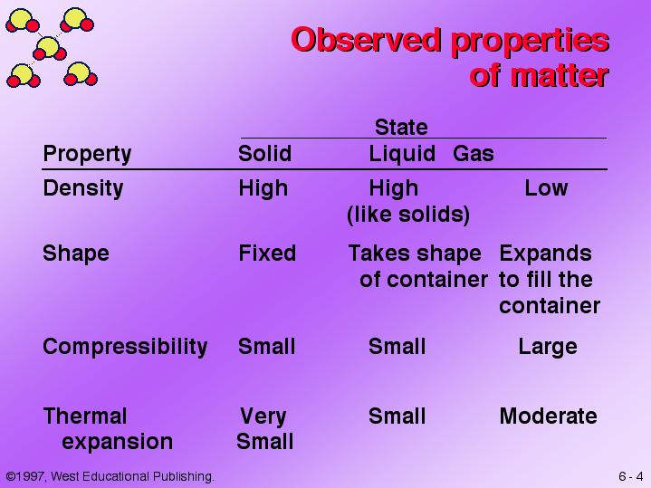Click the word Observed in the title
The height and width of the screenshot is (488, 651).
tap(366, 40)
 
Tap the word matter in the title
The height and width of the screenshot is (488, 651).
tap(560, 75)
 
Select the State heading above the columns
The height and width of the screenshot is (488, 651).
tap(401, 127)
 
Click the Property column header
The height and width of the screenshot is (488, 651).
tap(87, 154)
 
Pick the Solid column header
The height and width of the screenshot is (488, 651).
tap(265, 153)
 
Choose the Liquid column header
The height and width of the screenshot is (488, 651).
tap(402, 154)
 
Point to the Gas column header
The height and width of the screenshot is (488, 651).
tap(474, 153)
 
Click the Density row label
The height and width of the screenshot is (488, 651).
tap(83, 188)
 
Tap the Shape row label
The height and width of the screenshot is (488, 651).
tap(76, 254)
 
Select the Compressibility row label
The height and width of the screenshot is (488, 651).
tap(125, 347)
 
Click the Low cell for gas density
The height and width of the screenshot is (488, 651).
tap(546, 188)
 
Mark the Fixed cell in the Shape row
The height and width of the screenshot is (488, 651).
tap(267, 253)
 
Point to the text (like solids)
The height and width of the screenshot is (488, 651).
tap(408, 215)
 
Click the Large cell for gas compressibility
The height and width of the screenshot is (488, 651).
tap(548, 347)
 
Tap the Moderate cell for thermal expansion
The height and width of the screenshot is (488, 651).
tap(548, 416)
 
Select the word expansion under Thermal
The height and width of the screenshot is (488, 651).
tap(117, 442)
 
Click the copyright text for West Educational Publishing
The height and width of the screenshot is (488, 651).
tap(110, 476)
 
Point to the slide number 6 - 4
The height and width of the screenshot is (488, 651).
tap(631, 476)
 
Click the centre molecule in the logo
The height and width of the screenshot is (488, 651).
tap(49, 48)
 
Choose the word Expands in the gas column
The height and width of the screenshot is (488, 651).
tap(546, 254)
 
